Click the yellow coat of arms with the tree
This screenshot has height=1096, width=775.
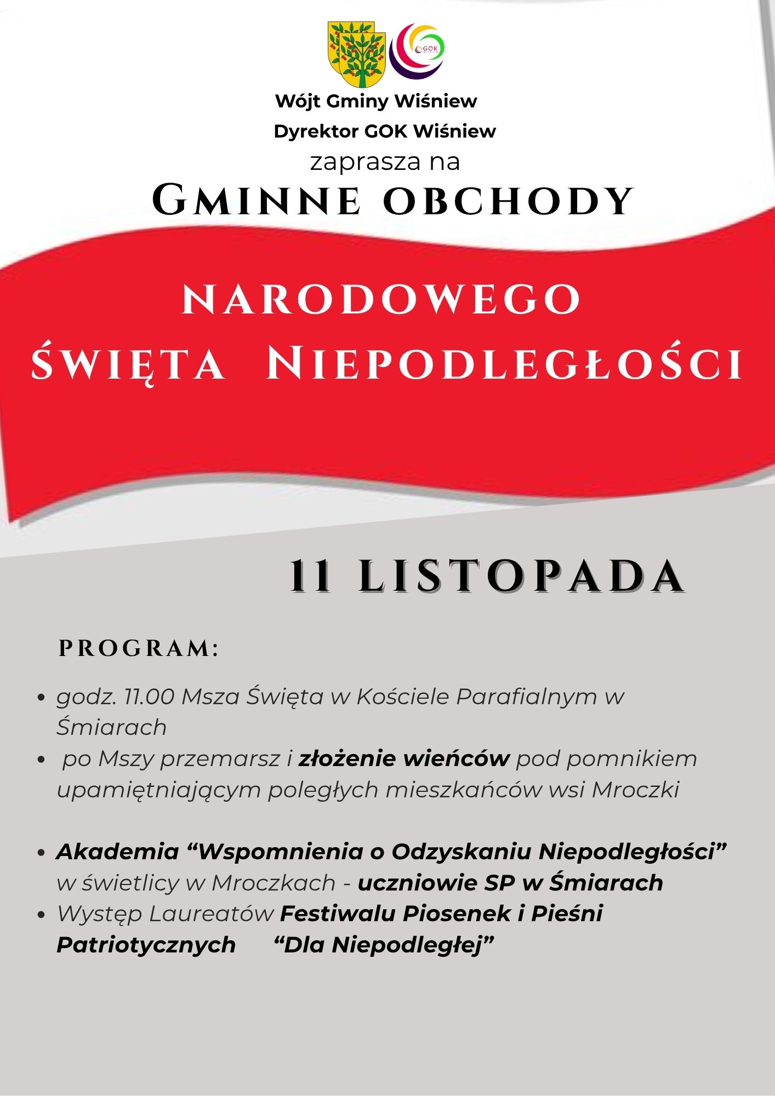tap(356, 54)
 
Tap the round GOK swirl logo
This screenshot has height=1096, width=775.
tap(417, 50)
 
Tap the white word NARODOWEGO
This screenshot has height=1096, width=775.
tap(381, 300)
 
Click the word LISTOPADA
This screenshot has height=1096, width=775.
tap(522, 576)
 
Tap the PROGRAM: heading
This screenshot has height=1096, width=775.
tap(139, 649)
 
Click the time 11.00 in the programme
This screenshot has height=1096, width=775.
tap(150, 697)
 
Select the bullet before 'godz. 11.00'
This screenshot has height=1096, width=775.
tap(40, 698)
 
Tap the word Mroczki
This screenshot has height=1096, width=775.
tap(635, 790)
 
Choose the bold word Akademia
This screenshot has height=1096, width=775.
tap(118, 852)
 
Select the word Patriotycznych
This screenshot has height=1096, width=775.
tap(146, 945)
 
